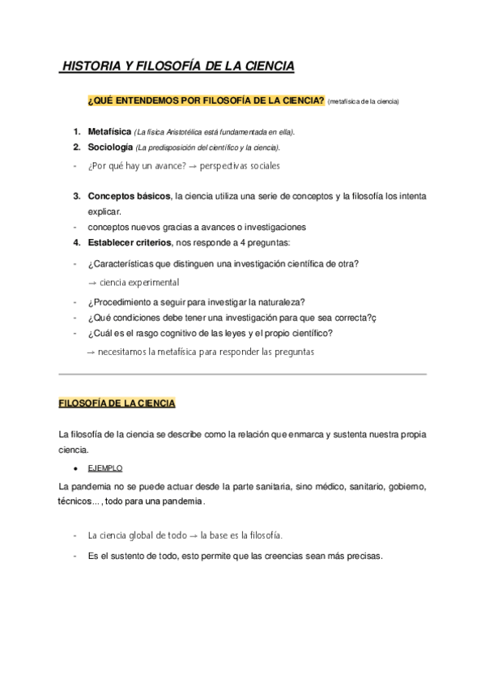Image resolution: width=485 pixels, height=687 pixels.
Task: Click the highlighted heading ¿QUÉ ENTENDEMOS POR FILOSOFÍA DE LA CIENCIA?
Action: coord(206,100)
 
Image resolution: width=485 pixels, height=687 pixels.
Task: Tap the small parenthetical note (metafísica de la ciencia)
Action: coord(364,101)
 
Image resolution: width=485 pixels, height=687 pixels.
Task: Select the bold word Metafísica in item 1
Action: coord(109,131)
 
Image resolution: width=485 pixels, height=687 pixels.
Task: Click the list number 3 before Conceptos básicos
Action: coord(76,196)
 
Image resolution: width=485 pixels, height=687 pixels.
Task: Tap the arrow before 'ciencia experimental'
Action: coord(92,282)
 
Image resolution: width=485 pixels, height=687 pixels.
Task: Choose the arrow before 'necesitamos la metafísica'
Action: coord(91,352)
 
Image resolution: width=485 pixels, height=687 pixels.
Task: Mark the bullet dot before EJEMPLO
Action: coord(74,468)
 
